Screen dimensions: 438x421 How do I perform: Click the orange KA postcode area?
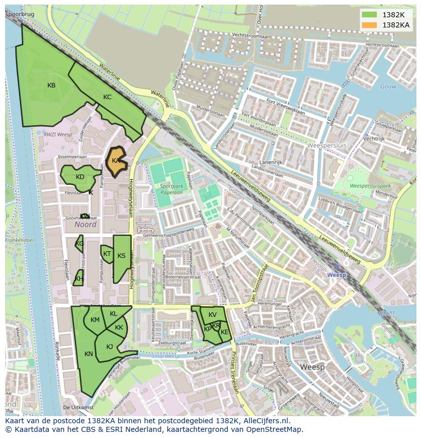pyautogui.click(x=116, y=161)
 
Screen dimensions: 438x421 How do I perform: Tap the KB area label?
pyautogui.click(x=51, y=85)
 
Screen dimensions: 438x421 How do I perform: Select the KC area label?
pyautogui.click(x=107, y=97)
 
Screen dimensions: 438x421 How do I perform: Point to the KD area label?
pyautogui.click(x=80, y=177)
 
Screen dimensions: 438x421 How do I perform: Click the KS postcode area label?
pyautogui.click(x=122, y=256)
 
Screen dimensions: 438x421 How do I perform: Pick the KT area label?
pyautogui.click(x=107, y=254)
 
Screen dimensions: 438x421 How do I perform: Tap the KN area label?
pyautogui.click(x=88, y=354)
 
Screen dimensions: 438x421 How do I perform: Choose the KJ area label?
pyautogui.click(x=109, y=347)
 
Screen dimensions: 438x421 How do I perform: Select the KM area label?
pyautogui.click(x=95, y=320)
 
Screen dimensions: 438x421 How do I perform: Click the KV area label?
pyautogui.click(x=213, y=315)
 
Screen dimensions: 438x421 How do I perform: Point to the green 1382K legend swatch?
pyautogui.click(x=369, y=15)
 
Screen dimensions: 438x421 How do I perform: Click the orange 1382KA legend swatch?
pyautogui.click(x=369, y=24)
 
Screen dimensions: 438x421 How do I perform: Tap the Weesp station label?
pyautogui.click(x=336, y=275)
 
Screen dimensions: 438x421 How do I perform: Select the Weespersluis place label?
pyautogui.click(x=327, y=145)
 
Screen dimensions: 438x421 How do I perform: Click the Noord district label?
pyautogui.click(x=85, y=224)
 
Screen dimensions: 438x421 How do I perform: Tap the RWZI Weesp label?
pyautogui.click(x=58, y=134)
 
